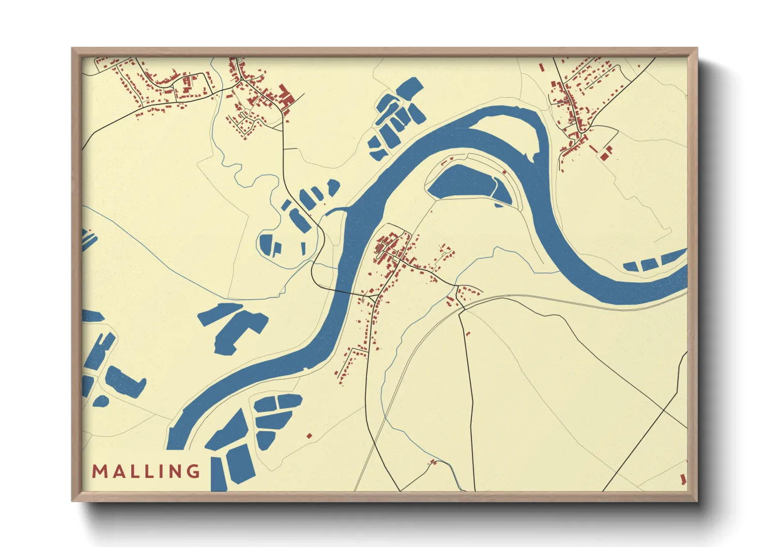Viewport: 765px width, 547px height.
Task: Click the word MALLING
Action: pyautogui.click(x=146, y=471)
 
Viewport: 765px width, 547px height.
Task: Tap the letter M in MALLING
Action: pyautogui.click(x=99, y=471)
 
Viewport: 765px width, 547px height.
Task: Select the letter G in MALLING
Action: pyautogui.click(x=194, y=471)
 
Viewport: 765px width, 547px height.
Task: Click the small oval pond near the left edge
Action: pyautogui.click(x=100, y=401)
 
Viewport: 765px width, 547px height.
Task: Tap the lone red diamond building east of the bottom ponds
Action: pyautogui.click(x=309, y=436)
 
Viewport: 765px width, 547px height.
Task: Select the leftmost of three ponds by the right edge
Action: pyautogui.click(x=630, y=267)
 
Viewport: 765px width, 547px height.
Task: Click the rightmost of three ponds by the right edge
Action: pyautogui.click(x=672, y=256)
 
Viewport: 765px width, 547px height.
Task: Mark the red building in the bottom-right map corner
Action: pyautogui.click(x=683, y=479)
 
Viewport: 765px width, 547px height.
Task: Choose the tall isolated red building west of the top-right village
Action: pyautogui.click(x=541, y=67)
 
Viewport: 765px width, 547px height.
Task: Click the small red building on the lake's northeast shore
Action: pyautogui.click(x=504, y=172)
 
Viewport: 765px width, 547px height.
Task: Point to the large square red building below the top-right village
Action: pyautogui.click(x=604, y=155)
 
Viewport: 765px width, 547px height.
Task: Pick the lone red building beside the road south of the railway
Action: pyautogui.click(x=468, y=334)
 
